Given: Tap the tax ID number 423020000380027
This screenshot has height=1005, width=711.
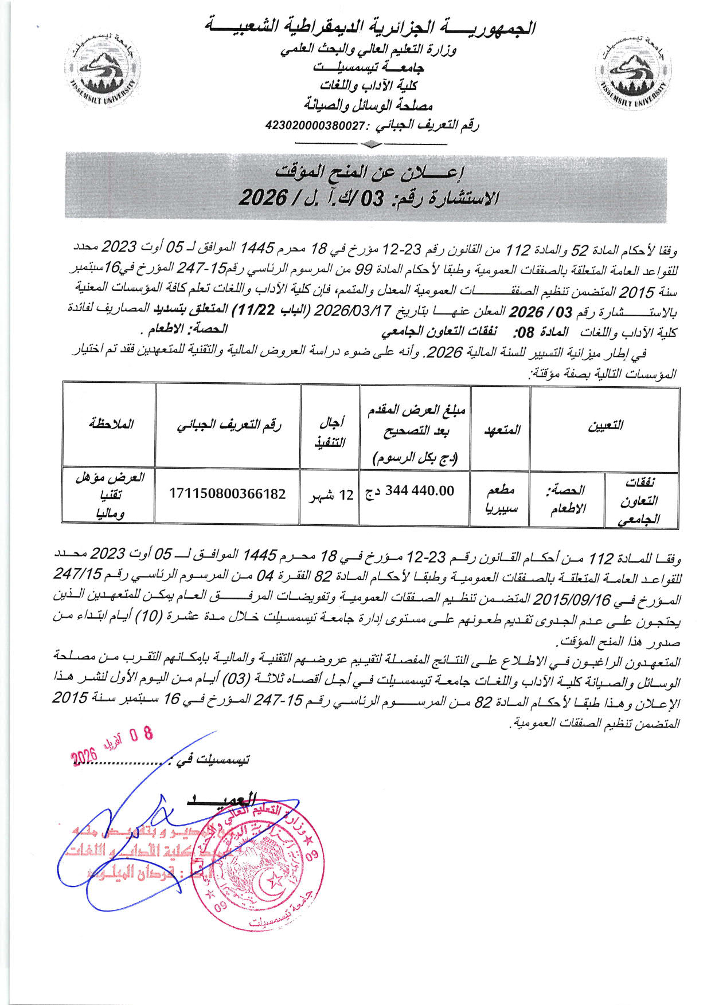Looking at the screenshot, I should [x=316, y=125].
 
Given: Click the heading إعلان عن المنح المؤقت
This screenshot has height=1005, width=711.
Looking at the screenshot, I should [x=370, y=172].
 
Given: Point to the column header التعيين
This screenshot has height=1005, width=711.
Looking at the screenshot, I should [x=605, y=426].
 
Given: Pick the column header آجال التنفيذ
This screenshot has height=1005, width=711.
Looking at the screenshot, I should [x=330, y=431].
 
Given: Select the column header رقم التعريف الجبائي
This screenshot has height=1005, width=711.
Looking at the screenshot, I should [x=228, y=425].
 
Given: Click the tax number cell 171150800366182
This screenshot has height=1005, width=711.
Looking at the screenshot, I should [x=228, y=494].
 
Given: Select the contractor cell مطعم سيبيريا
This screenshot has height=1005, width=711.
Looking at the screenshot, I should [x=501, y=498].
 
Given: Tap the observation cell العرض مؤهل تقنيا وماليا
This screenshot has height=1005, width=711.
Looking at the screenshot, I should [x=110, y=496].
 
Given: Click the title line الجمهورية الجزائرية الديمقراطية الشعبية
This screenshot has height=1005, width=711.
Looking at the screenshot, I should [x=370, y=28].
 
